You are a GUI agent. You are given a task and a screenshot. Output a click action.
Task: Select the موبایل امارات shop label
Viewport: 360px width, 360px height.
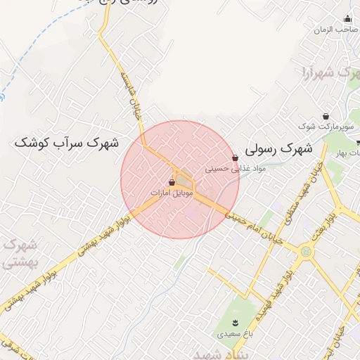pyautogui.click(x=172, y=192)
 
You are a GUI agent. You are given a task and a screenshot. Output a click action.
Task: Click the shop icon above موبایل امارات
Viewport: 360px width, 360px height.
pyautogui.click(x=172, y=182)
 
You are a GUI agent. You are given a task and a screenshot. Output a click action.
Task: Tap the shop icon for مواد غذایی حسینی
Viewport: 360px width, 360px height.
pyautogui.click(x=235, y=158)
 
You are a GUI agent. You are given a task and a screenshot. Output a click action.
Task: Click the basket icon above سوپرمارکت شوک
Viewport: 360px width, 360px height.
pyautogui.click(x=325, y=116)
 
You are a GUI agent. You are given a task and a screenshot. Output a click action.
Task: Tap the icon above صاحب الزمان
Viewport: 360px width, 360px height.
pyautogui.click(x=347, y=19)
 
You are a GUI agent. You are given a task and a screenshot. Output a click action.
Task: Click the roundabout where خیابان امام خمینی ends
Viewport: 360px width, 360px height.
pyautogui.click(x=306, y=251)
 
